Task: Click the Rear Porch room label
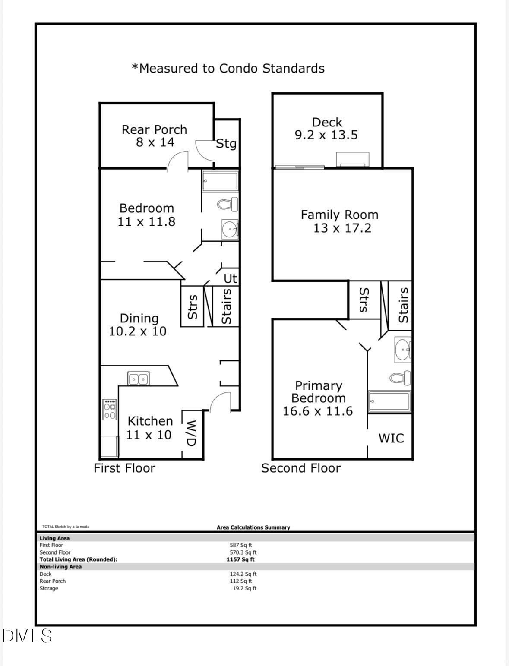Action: [x=155, y=136]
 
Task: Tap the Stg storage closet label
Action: [x=226, y=143]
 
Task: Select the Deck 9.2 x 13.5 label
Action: [x=326, y=129]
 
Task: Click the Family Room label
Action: [x=340, y=221]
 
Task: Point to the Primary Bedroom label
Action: [x=318, y=398]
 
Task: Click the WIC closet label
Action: [x=391, y=438]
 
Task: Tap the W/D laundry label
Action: [x=192, y=433]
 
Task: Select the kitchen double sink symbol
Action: [x=139, y=379]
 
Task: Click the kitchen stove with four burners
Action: [x=110, y=410]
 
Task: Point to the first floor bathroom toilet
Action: [x=228, y=203]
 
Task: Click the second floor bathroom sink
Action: [x=403, y=349]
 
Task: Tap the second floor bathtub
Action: [x=389, y=402]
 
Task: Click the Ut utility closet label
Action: [x=231, y=278]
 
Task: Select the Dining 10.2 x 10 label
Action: [x=138, y=325]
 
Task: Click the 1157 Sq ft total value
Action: [x=240, y=559]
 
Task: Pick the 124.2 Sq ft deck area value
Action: [x=243, y=574]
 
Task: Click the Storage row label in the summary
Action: [x=49, y=588]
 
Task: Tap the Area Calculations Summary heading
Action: [x=253, y=527]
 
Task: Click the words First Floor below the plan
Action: [x=124, y=468]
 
